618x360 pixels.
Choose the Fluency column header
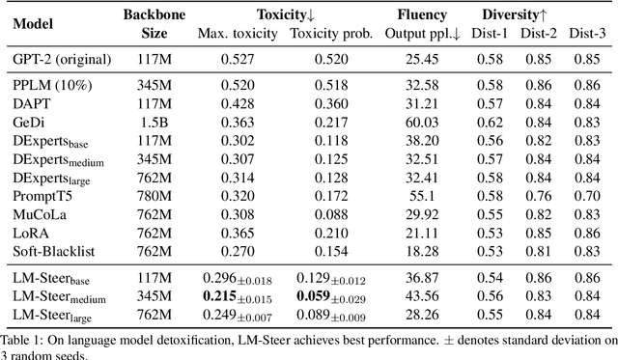(423, 15)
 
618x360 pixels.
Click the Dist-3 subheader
(586, 34)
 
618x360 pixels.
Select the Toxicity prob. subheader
(326, 34)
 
